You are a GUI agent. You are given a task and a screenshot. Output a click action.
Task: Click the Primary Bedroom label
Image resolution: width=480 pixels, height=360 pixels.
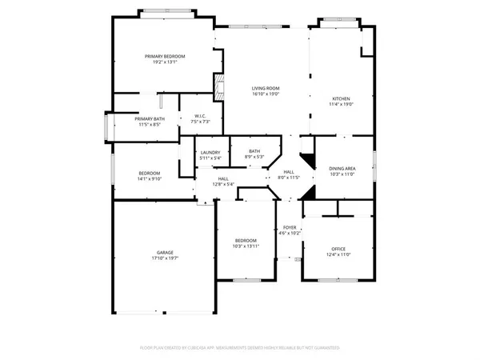point(165,56)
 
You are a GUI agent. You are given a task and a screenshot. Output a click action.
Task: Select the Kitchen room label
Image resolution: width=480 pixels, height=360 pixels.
point(342,98)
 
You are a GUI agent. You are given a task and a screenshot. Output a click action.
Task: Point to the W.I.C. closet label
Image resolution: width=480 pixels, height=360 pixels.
point(200,117)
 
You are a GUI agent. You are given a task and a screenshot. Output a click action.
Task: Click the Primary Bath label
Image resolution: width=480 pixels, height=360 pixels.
point(150,119)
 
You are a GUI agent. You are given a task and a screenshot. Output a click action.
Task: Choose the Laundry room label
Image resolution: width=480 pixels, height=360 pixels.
point(210,152)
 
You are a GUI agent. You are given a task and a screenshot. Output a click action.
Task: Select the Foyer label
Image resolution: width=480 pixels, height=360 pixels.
point(288,227)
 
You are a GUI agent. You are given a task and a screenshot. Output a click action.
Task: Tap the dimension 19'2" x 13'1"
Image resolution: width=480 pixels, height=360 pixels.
point(165,62)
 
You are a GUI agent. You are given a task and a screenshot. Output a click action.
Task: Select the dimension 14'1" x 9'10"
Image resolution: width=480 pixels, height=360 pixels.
point(150,179)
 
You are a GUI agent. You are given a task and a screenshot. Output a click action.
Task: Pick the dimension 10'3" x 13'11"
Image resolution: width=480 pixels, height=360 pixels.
point(246,246)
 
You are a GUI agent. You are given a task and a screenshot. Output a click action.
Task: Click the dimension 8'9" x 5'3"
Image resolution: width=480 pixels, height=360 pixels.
point(254,157)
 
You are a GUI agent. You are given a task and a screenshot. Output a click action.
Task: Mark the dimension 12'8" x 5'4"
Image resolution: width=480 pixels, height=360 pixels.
point(224,185)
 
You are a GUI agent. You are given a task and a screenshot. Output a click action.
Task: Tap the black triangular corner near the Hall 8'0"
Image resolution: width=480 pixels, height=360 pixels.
point(305,158)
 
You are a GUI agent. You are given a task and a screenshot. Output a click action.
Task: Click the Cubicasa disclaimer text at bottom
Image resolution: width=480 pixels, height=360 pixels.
point(240,348)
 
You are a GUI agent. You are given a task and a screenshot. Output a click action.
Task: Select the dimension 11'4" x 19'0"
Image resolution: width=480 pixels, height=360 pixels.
point(342,104)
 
